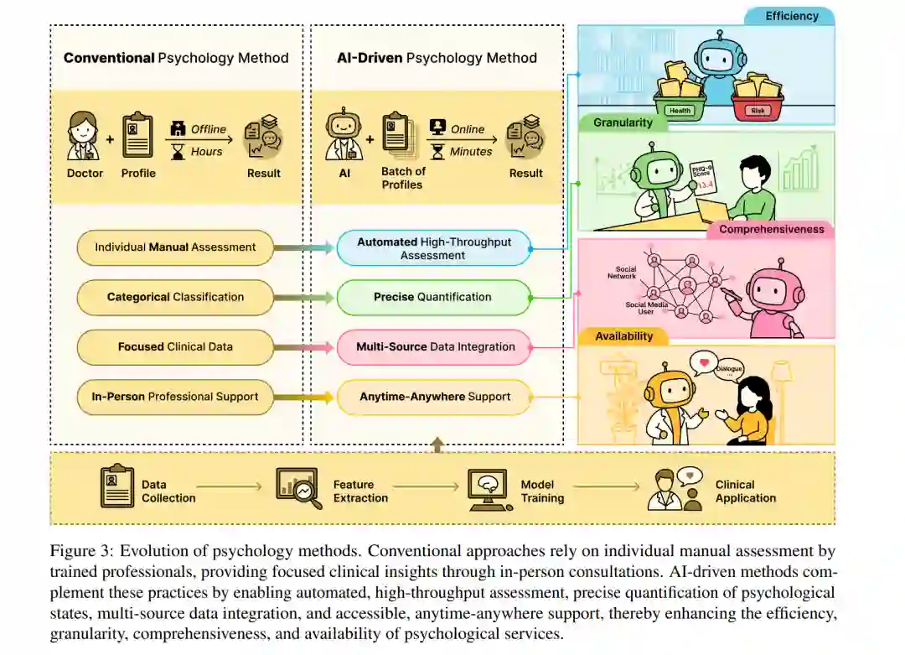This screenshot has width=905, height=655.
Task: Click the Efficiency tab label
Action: click(x=792, y=16)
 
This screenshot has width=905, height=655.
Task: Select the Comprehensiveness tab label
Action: click(x=771, y=229)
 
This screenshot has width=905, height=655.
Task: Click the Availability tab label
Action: click(x=623, y=336)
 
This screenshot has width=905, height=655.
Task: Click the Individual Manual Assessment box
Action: click(x=175, y=247)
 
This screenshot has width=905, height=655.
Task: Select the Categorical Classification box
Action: click(x=175, y=297)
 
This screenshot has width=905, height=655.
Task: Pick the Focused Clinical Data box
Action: click(x=175, y=346)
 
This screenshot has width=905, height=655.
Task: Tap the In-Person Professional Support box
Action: click(x=175, y=397)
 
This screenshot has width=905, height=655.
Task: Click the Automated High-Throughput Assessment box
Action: click(x=433, y=248)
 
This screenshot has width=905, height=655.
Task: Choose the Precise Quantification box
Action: click(x=433, y=297)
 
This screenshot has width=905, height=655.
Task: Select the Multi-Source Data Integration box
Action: click(x=433, y=346)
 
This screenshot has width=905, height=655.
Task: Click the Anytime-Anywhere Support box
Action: click(x=433, y=397)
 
